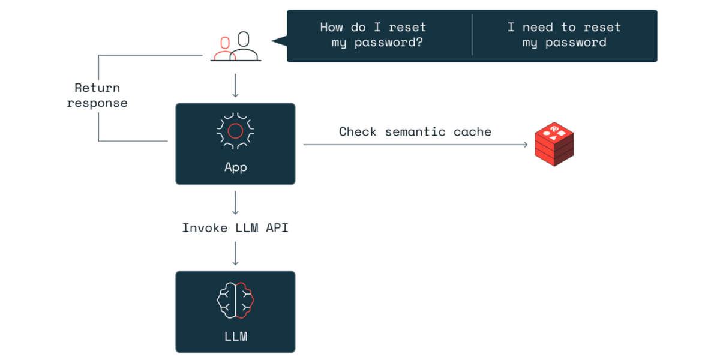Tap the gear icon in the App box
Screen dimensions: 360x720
[235, 130]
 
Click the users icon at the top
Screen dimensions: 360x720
[235, 47]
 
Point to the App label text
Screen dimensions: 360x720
[235, 167]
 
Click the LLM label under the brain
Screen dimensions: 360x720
[235, 336]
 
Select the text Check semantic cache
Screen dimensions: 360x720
[415, 132]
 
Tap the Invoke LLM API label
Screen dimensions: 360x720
[235, 228]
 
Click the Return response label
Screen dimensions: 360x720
[97, 95]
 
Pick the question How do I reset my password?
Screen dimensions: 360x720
[373, 35]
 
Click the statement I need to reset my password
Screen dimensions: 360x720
[564, 35]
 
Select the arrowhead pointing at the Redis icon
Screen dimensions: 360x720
[525, 145]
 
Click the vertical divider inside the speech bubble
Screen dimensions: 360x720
[472, 35]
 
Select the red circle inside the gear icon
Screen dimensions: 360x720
[235, 130]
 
